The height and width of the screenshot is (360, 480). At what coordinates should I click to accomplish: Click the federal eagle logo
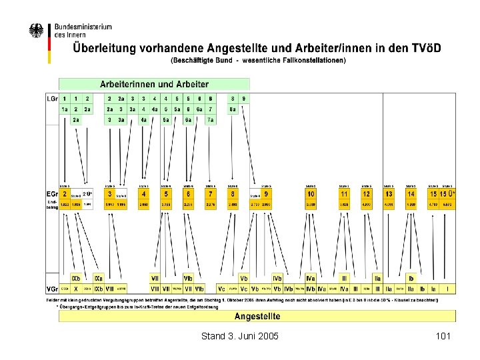[x=37, y=31]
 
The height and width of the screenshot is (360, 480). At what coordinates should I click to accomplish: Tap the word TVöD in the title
[x=429, y=49]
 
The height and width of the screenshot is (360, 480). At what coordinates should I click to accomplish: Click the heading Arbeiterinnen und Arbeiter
[x=154, y=85]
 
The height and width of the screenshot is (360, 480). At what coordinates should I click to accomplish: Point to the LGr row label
[x=51, y=98]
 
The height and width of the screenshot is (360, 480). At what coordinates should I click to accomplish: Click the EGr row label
[x=51, y=193]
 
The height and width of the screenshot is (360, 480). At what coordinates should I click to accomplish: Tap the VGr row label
[x=51, y=289]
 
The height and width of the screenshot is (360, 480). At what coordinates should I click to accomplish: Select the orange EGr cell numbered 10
[x=311, y=193]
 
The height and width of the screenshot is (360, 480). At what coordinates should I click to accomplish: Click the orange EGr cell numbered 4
[x=144, y=193]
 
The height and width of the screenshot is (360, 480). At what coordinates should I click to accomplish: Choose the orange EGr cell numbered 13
[x=389, y=193]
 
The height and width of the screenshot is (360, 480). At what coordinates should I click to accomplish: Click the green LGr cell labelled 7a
[x=210, y=120]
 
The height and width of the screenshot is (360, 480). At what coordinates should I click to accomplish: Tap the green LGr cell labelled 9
[x=244, y=98]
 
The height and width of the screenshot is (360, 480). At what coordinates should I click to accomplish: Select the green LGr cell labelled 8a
[x=233, y=109]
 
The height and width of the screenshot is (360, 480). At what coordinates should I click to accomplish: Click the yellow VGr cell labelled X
[x=76, y=289]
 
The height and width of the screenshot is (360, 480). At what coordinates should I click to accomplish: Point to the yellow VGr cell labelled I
[x=448, y=289]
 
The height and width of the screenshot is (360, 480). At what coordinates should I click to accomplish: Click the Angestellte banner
[x=257, y=316]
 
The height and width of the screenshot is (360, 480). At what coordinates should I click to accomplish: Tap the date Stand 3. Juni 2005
[x=239, y=336]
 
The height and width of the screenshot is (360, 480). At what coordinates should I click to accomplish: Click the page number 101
[x=443, y=336]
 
